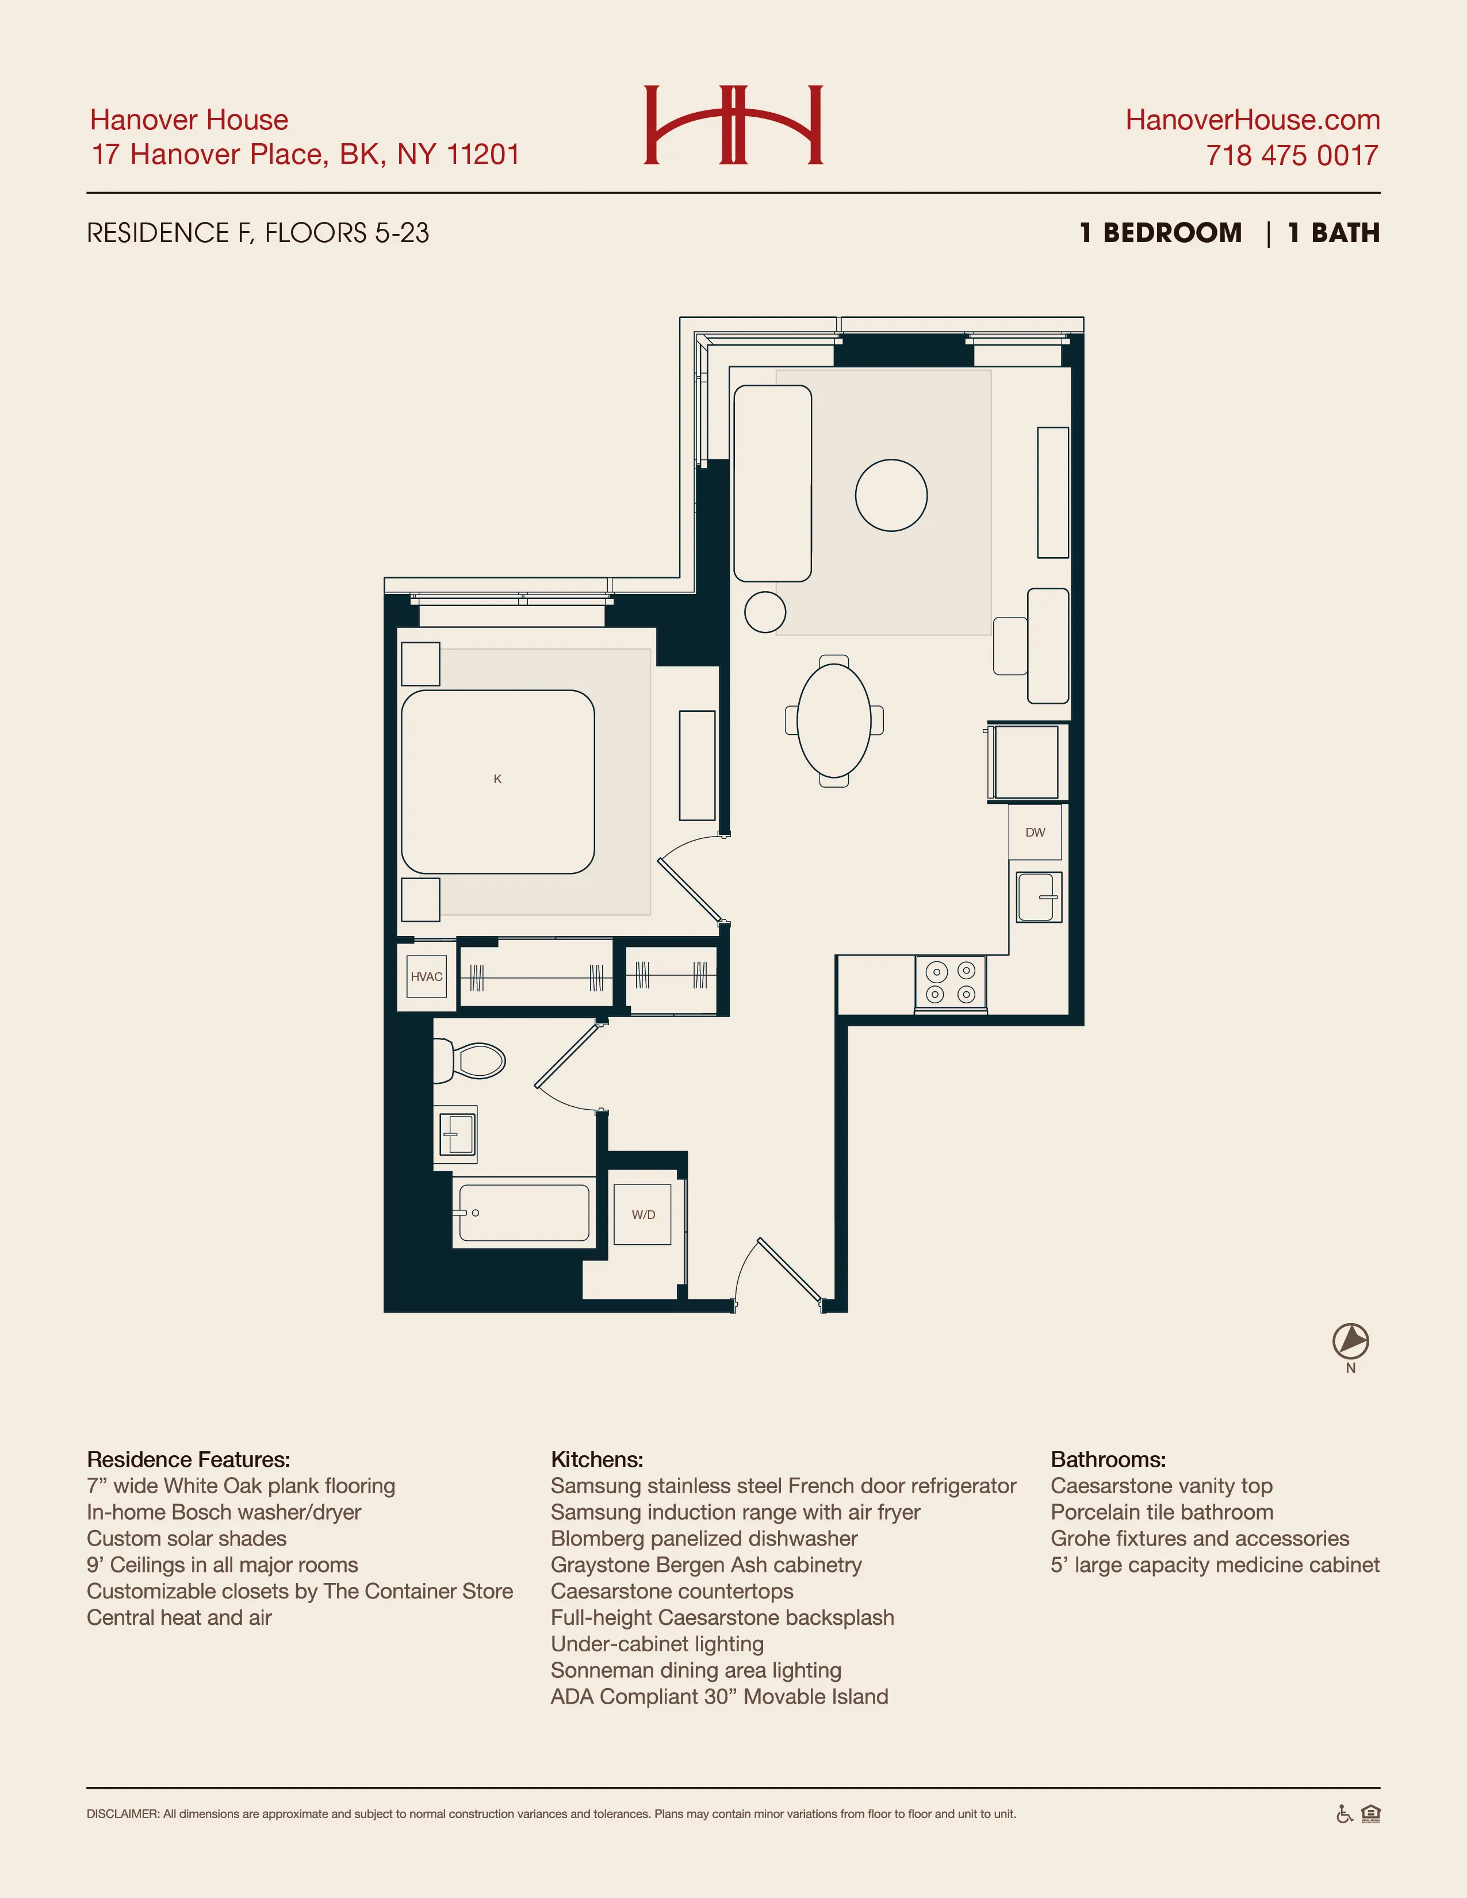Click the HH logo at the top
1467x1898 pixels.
coord(733,124)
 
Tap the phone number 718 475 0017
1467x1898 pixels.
coord(1292,156)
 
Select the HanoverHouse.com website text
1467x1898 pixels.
coord(1252,120)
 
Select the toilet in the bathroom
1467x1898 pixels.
coord(473,1061)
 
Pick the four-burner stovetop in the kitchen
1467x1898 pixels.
coord(951,983)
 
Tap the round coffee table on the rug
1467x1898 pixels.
coord(891,496)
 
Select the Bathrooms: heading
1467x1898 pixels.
coord(1108,1459)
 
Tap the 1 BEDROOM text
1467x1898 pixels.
coord(1161,233)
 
